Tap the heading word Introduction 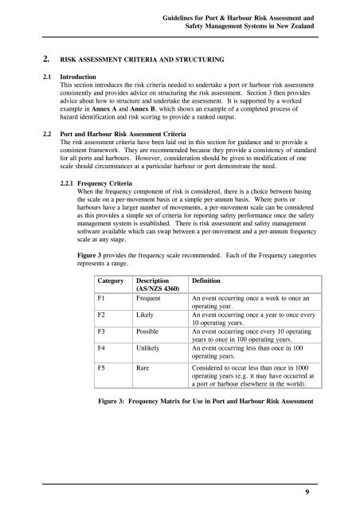69,80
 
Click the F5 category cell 102,392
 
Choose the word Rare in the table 144,392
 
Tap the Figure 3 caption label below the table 112,425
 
